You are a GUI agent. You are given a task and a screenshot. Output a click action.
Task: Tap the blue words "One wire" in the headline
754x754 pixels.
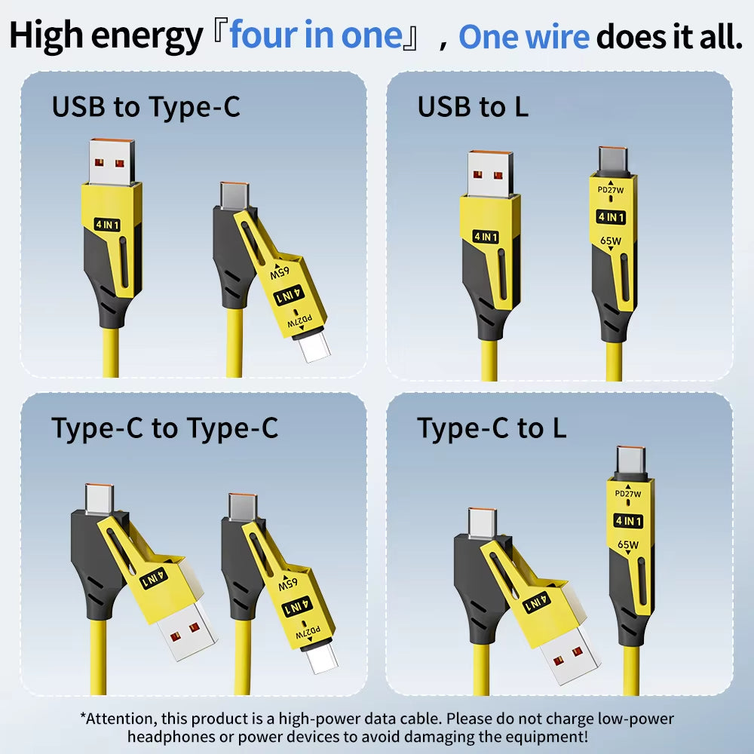tap(524, 36)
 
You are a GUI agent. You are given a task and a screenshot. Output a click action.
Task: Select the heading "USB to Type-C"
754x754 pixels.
tap(146, 107)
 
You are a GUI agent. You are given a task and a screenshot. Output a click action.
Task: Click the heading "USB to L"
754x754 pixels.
tap(473, 107)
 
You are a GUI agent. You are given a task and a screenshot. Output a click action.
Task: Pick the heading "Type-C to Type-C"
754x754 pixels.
tap(164, 428)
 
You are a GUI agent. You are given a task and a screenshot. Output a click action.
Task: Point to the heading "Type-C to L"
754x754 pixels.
tap(492, 428)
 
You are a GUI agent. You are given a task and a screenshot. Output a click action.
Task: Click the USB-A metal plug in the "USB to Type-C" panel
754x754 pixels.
tap(115, 161)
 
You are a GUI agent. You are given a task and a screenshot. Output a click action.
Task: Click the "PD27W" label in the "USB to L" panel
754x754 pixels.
tap(611, 190)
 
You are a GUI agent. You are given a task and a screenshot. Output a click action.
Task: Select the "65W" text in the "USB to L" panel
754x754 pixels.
tap(611, 241)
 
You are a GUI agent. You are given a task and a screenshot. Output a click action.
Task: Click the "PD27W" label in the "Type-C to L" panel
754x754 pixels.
tap(628, 494)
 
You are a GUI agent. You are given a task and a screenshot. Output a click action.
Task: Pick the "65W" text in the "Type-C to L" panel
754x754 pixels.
tap(628, 545)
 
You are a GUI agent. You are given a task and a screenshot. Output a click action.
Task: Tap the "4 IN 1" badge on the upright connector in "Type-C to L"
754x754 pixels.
tap(628, 520)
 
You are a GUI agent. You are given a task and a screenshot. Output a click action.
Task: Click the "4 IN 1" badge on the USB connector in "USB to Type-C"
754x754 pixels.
tap(108, 223)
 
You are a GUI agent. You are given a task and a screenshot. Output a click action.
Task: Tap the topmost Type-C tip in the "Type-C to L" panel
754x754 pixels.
tap(630, 461)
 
